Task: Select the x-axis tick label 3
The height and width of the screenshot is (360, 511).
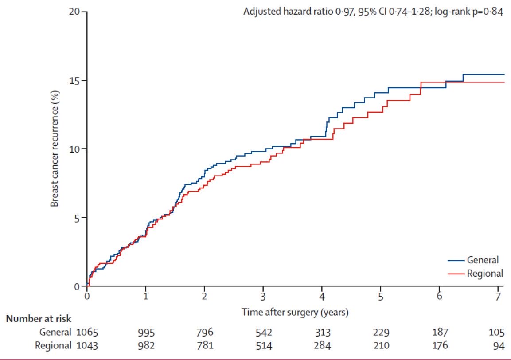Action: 263,297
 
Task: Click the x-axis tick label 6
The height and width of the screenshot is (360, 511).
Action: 439,297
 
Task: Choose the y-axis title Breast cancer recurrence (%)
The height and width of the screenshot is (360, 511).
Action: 55,149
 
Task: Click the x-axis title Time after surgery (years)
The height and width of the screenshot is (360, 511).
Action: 295,312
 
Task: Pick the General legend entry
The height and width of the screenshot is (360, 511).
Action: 482,260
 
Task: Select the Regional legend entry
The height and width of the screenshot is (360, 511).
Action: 484,273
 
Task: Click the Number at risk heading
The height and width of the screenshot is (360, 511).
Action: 38,318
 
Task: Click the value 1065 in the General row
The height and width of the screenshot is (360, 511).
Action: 87,332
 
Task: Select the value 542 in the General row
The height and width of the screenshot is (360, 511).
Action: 263,332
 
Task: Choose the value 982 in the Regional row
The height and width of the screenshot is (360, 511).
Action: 145,346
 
